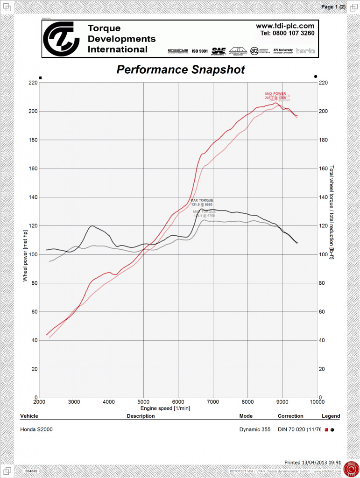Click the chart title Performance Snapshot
(180, 70)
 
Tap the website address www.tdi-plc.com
(285, 26)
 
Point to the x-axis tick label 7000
(213, 402)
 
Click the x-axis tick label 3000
(74, 402)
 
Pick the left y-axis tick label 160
(32, 169)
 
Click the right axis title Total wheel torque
(332, 212)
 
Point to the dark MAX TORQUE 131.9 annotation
(202, 203)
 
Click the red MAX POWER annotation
(275, 96)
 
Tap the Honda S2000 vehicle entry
(36, 429)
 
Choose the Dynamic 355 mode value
(255, 429)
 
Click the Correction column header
(290, 416)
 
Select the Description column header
(141, 416)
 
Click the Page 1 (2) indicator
(333, 7)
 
